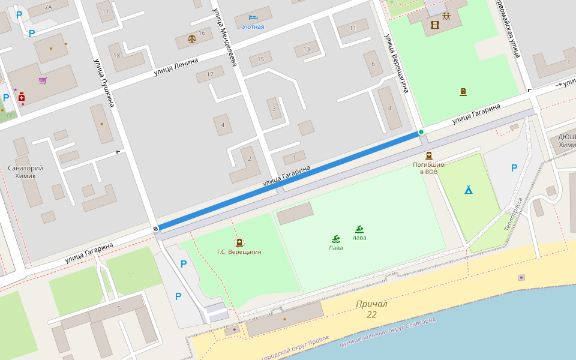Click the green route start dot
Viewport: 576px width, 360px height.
tap(421, 132)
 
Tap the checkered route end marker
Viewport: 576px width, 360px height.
tap(155, 228)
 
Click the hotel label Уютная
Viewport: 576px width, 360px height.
tap(253, 26)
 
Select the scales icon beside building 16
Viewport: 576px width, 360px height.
tap(192, 39)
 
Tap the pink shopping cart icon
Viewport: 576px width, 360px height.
tap(43, 80)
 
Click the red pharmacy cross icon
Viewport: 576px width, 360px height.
tap(22, 96)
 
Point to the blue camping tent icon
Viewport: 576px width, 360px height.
tap(468, 190)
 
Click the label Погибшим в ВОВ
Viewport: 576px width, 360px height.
tap(428, 168)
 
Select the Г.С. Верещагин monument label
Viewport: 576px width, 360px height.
tap(239, 251)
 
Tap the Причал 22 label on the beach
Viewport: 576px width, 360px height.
tap(371, 309)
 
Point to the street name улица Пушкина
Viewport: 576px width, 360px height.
tap(103, 82)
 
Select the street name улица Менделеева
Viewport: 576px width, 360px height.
tap(225, 37)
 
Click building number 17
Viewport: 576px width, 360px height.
tap(209, 74)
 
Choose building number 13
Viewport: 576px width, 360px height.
tap(307, 49)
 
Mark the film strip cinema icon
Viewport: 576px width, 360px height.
tap(435, 25)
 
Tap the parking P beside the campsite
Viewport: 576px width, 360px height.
tap(514, 168)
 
